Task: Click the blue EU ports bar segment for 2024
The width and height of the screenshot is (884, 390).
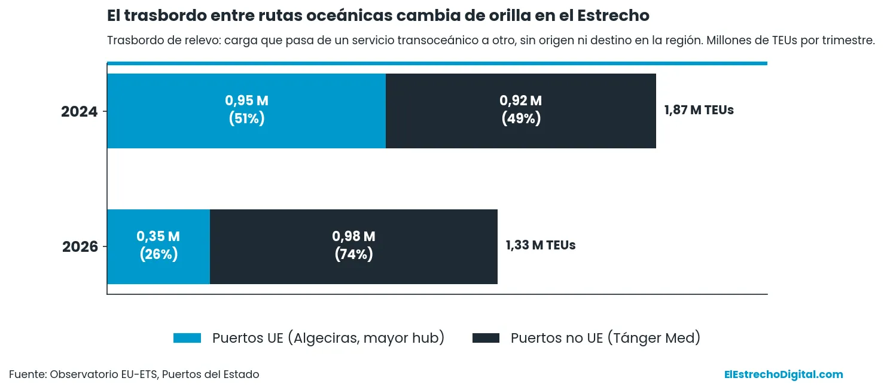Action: tap(246, 111)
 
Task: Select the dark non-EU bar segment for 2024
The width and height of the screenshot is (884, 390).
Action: tap(520, 111)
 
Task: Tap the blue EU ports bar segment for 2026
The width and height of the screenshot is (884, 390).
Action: tap(158, 246)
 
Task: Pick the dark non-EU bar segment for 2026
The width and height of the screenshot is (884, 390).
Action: tap(353, 246)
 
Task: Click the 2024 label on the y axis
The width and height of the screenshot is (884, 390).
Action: tap(79, 112)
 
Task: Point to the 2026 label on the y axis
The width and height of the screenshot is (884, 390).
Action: tap(80, 246)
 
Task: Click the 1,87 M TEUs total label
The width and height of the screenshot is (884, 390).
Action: tap(699, 109)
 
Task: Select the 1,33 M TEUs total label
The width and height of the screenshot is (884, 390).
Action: tap(541, 245)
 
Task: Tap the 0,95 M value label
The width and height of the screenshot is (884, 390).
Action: tap(246, 100)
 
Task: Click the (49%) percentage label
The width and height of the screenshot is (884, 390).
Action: tap(521, 118)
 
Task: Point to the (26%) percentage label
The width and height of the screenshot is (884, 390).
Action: tap(158, 254)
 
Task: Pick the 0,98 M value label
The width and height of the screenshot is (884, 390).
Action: tap(353, 236)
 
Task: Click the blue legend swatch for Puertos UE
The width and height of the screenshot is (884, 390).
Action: tap(187, 338)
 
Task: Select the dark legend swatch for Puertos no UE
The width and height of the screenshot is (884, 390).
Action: tap(486, 338)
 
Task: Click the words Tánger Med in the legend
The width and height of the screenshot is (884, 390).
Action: tap(653, 338)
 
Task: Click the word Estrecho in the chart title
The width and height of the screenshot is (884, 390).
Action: tap(613, 16)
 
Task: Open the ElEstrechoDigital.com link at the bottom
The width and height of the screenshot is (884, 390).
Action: tap(784, 374)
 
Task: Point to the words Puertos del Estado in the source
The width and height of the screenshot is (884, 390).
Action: tap(211, 374)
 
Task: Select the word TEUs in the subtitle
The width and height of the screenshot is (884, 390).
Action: tap(785, 40)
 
